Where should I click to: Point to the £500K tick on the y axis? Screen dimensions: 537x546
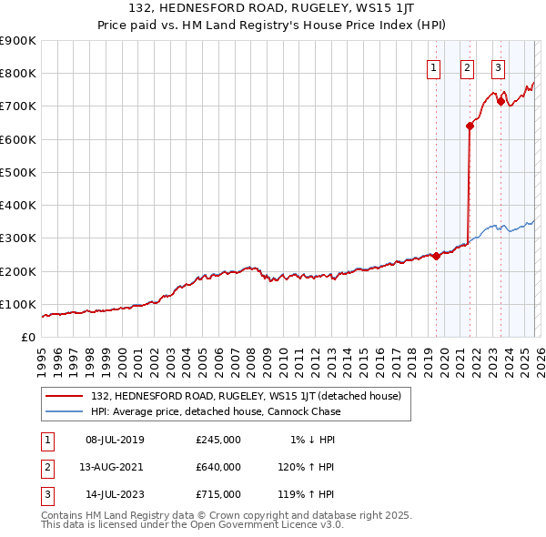(18, 172)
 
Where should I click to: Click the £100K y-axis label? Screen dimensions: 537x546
(18, 304)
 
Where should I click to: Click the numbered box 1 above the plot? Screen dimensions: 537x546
(434, 67)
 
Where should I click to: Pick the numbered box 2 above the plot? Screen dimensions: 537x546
(467, 67)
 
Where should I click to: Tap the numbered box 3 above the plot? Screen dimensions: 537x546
(499, 67)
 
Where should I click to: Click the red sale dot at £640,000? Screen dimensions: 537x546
(470, 127)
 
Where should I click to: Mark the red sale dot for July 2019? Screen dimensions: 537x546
(436, 256)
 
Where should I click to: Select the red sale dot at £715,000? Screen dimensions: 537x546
(500, 102)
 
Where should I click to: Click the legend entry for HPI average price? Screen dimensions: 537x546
(215, 411)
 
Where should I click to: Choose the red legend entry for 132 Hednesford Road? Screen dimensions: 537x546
(251, 396)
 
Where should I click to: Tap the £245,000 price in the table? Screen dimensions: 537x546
(218, 440)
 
